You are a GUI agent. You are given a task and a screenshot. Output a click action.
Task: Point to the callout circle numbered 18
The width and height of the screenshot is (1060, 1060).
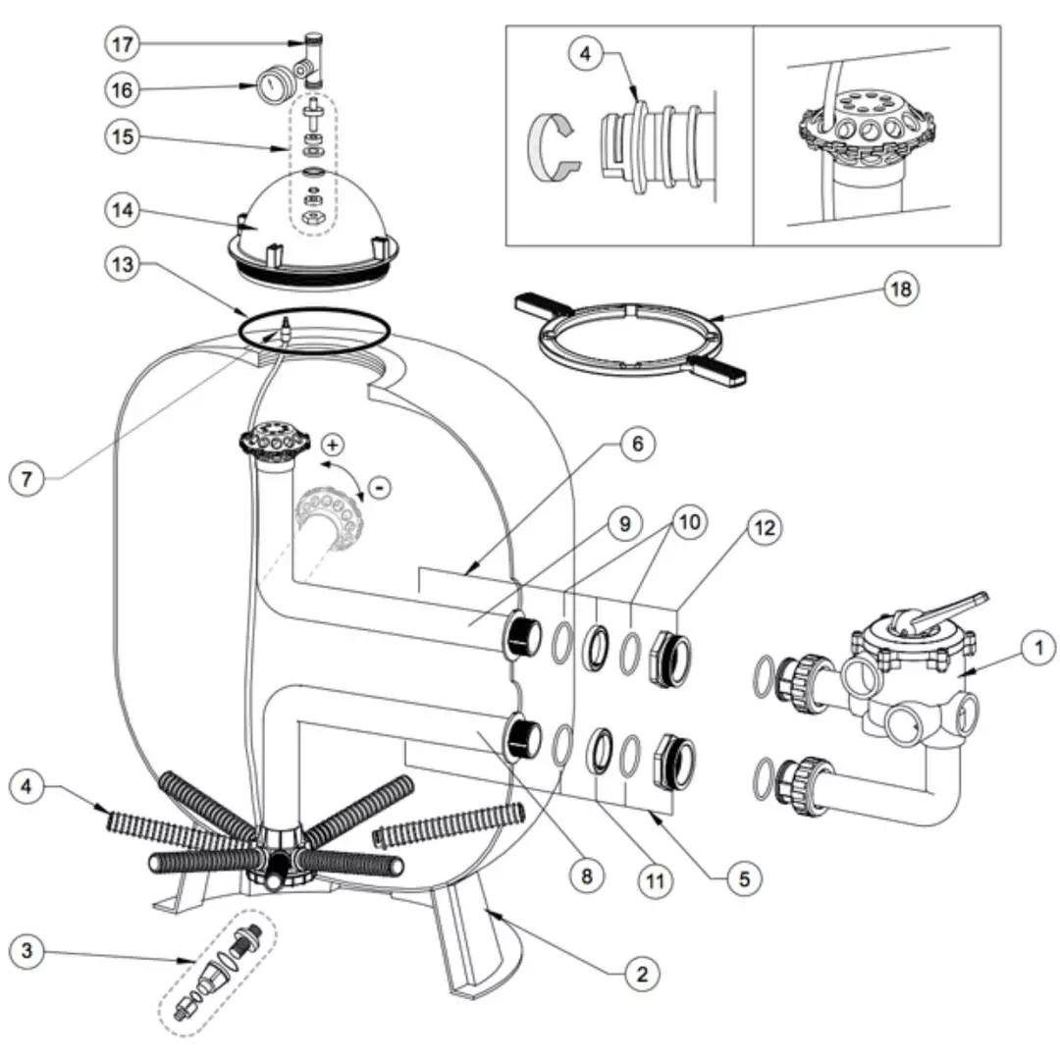900,289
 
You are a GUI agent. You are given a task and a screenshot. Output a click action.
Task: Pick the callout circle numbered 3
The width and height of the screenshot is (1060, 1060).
28,950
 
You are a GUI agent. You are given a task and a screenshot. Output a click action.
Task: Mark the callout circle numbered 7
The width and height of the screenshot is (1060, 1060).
28,479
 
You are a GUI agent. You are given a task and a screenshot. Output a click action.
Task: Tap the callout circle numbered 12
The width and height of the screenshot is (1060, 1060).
765,529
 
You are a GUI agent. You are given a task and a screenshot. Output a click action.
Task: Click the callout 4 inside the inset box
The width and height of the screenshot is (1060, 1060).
586,53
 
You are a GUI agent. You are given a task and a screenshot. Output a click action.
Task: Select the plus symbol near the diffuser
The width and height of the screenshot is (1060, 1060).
333,446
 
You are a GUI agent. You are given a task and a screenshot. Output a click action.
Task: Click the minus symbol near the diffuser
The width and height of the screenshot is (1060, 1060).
379,485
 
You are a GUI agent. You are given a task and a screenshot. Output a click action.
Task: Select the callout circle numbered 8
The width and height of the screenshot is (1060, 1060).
587,876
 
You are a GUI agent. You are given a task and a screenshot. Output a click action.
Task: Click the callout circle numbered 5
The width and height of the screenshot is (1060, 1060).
743,878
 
